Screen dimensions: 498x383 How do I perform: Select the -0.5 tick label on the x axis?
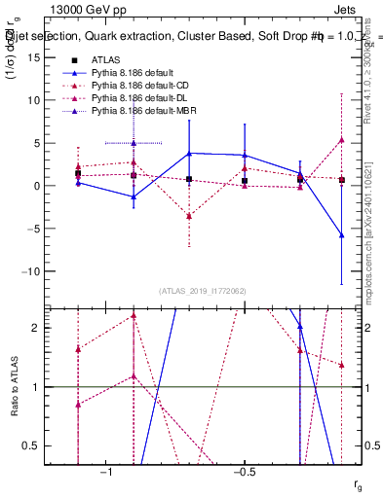[243, 472]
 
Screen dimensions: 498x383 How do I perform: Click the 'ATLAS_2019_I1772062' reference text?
[203, 291]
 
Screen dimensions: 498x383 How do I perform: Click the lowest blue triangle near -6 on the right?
[341, 234]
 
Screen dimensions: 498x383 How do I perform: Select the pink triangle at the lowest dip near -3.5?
[189, 216]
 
